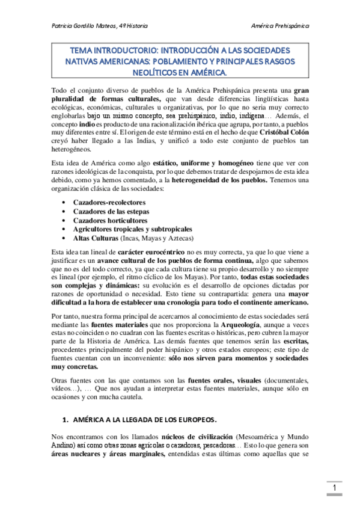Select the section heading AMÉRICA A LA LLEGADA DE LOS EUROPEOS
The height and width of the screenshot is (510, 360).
tap(144, 419)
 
